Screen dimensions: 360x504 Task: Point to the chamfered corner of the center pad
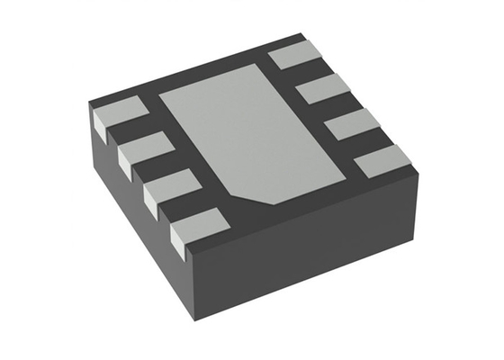click(265, 199)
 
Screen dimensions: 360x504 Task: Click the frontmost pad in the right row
click(382, 161)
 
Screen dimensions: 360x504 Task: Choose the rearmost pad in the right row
click(295, 56)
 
